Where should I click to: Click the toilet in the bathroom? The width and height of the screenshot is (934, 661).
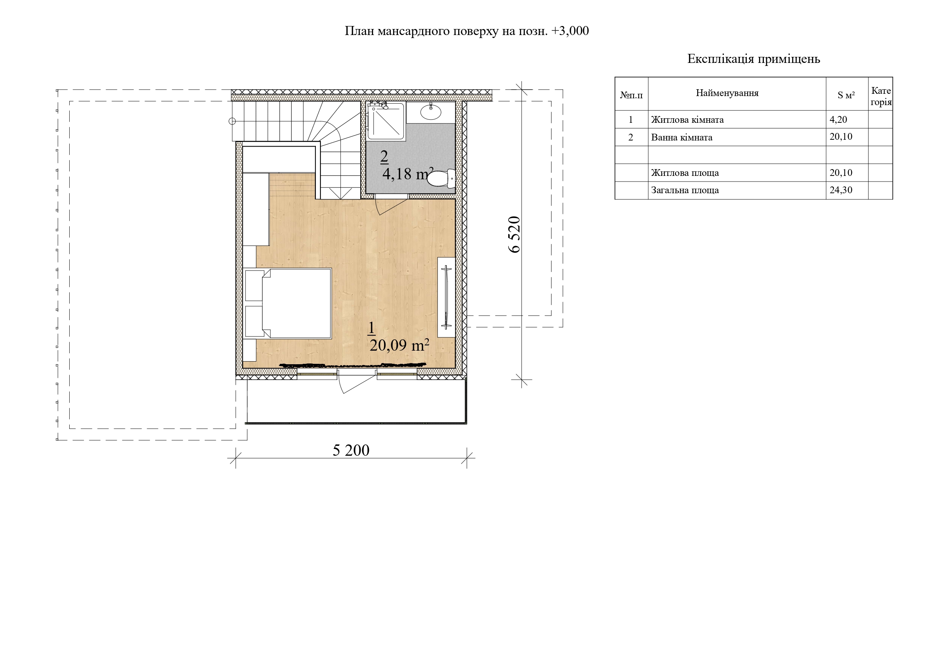pyautogui.click(x=441, y=178)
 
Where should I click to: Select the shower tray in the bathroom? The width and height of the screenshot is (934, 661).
pyautogui.click(x=385, y=121)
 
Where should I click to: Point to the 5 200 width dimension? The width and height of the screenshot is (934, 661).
pyautogui.click(x=351, y=450)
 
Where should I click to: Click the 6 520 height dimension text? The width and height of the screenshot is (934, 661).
pyautogui.click(x=515, y=234)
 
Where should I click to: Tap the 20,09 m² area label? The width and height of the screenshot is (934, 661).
pyautogui.click(x=399, y=345)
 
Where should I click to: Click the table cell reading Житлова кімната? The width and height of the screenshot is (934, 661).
pyautogui.click(x=687, y=120)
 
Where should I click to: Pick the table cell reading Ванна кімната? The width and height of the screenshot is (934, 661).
pyautogui.click(x=682, y=137)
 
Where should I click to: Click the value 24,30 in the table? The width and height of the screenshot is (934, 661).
pyautogui.click(x=841, y=190)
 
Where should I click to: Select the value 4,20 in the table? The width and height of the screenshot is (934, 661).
pyautogui.click(x=838, y=120)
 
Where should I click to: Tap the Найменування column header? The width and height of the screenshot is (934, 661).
pyautogui.click(x=727, y=93)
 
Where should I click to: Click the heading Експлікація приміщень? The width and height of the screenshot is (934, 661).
pyautogui.click(x=753, y=59)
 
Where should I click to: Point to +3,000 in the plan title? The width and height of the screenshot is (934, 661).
pyautogui.click(x=570, y=31)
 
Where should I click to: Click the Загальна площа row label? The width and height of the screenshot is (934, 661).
pyautogui.click(x=685, y=190)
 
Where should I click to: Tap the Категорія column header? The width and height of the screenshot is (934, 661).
pyautogui.click(x=881, y=96)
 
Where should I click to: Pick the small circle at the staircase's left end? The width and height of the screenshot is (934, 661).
pyautogui.click(x=232, y=121)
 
